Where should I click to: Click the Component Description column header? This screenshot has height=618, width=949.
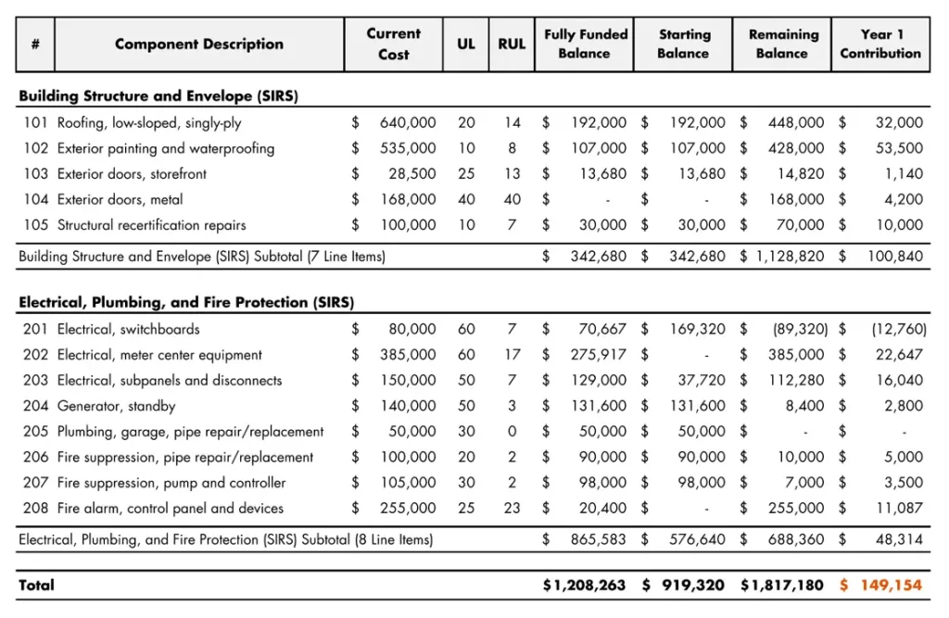tap(198, 44)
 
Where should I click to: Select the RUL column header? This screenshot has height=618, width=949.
tap(512, 44)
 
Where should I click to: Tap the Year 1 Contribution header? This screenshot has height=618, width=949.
tap(880, 44)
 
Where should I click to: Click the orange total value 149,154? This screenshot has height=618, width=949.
tap(891, 585)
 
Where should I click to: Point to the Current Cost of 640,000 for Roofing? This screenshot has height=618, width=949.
tap(408, 122)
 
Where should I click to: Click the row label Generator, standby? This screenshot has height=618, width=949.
tap(116, 406)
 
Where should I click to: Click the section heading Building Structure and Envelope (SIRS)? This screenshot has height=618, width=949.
tap(158, 96)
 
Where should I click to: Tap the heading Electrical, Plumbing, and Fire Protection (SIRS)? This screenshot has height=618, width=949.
tap(186, 303)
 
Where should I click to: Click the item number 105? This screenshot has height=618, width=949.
tap(36, 225)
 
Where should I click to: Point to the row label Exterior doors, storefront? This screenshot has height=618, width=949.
tap(132, 174)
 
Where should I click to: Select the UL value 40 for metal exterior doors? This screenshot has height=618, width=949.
tap(466, 199)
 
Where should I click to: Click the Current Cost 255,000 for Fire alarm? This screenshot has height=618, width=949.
tap(408, 509)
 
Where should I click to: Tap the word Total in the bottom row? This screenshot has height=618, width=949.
tap(37, 585)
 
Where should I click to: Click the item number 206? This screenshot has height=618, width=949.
tap(36, 457)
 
